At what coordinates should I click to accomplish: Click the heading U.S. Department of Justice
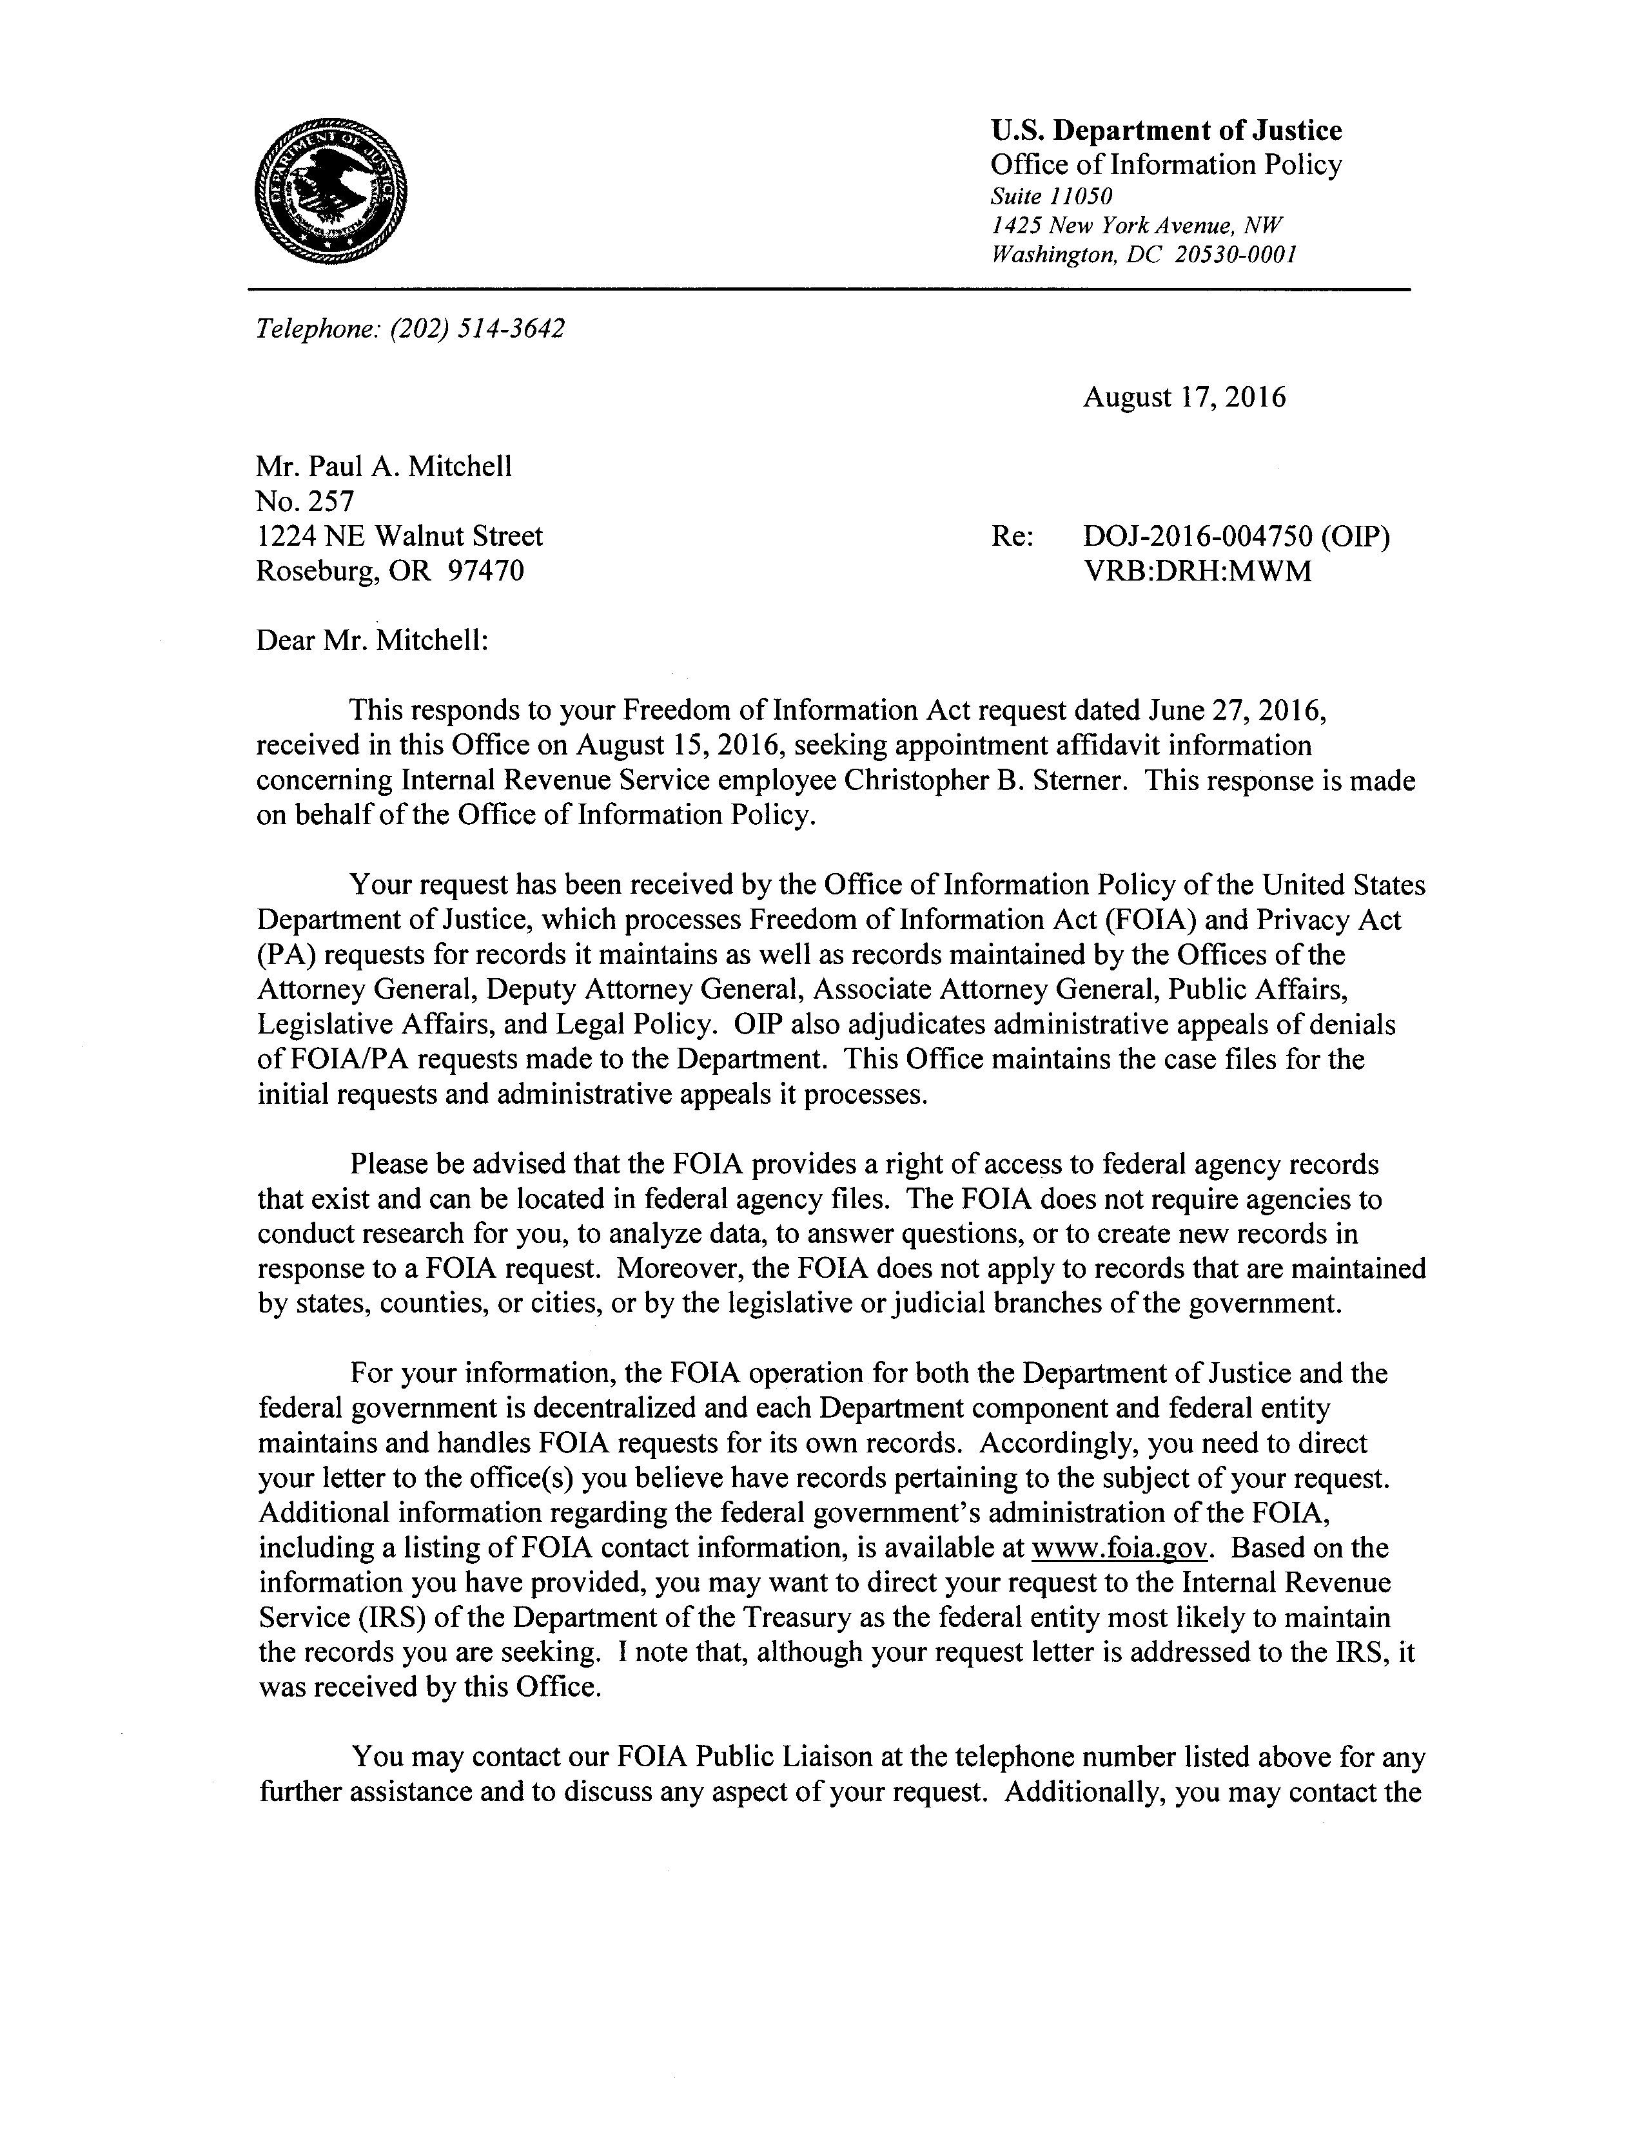click(1165, 131)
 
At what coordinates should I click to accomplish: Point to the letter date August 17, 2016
click(1184, 398)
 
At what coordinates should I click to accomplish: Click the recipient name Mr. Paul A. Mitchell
click(383, 467)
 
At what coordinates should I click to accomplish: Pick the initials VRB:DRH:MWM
click(1197, 570)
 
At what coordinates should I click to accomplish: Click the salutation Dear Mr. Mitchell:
click(371, 641)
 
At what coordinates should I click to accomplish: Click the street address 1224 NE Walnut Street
click(400, 536)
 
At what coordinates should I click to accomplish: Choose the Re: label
click(1011, 536)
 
